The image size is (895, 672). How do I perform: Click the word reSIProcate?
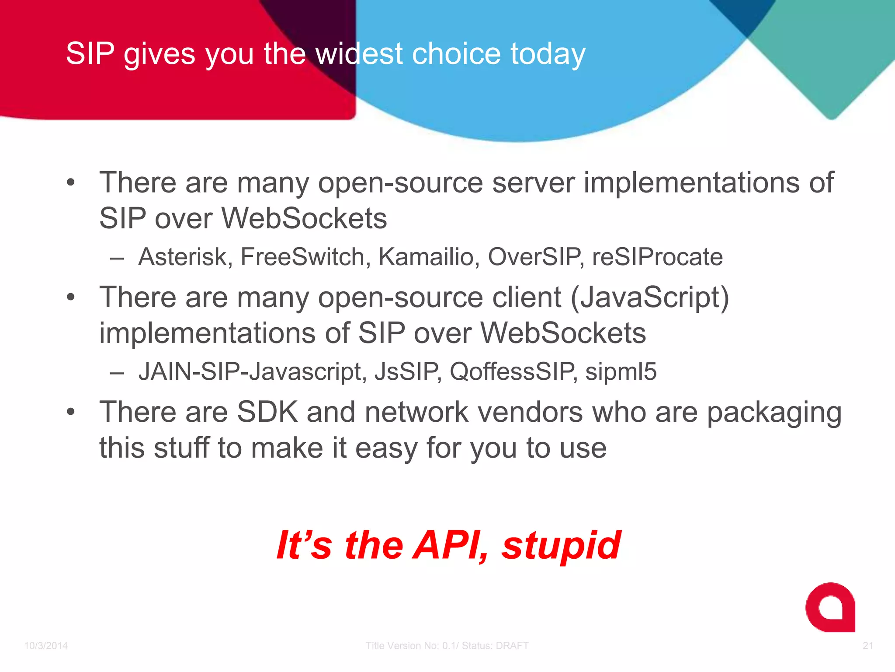click(x=657, y=257)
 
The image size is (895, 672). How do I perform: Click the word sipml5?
click(x=621, y=372)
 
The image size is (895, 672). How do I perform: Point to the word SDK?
click(x=267, y=412)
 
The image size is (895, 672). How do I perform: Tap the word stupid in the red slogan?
click(x=561, y=546)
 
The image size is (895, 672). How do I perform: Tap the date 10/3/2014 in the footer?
click(x=46, y=646)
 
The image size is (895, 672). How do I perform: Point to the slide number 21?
click(x=868, y=646)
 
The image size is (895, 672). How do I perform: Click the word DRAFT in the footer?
click(x=512, y=646)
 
